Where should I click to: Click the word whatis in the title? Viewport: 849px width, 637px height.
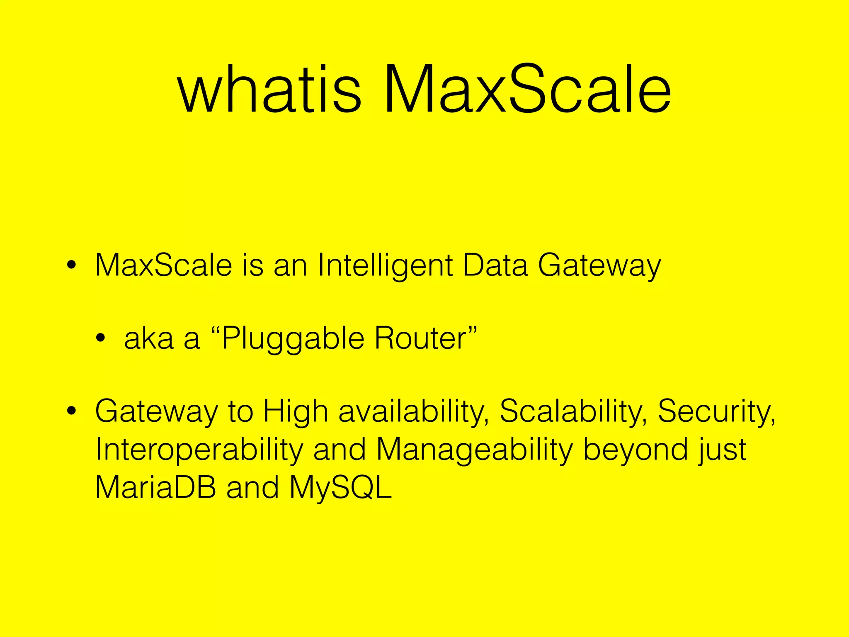(x=269, y=89)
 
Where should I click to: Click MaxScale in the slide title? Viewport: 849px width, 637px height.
(x=526, y=89)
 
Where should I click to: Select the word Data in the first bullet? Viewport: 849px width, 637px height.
(x=495, y=265)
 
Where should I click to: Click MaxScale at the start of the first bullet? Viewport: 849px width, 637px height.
(x=163, y=265)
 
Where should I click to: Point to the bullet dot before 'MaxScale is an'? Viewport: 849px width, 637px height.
(x=71, y=266)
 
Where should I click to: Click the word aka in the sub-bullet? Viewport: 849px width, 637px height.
(x=148, y=338)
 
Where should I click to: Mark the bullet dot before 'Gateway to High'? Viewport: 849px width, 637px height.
(x=71, y=411)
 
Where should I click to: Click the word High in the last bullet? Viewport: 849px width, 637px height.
(x=296, y=412)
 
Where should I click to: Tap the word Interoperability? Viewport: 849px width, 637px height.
(x=199, y=450)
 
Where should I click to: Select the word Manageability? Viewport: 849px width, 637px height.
(x=474, y=450)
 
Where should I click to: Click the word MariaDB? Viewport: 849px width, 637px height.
(x=155, y=488)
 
